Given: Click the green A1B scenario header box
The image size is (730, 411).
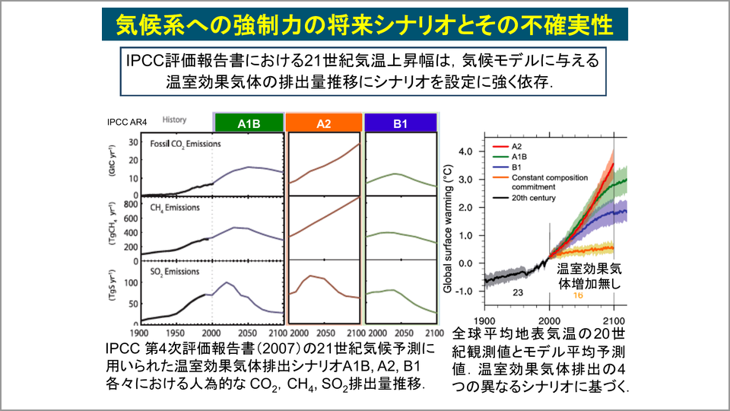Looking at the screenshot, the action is click(249, 123).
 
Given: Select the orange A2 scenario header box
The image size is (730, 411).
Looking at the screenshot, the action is click(324, 123).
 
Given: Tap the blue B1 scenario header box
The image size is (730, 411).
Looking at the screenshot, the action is click(401, 123).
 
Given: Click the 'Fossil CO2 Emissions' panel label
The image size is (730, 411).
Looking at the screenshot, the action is click(186, 145).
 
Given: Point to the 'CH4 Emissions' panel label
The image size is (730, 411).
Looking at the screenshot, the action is click(175, 208).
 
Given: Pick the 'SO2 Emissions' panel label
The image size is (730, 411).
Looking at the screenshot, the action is click(175, 272).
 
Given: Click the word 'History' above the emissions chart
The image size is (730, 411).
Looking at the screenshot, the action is click(175, 119).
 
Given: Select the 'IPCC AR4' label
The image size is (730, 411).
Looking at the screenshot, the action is click(127, 122).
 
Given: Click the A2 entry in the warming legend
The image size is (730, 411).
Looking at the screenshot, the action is click(507, 146).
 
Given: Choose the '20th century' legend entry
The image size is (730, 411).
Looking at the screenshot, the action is click(524, 198).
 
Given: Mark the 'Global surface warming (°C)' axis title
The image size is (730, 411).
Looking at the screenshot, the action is click(448, 228).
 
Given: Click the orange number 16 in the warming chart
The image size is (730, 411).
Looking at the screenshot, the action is click(578, 295).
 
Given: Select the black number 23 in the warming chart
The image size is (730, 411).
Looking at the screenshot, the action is click(518, 292).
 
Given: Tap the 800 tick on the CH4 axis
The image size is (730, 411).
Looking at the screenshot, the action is click(131, 204).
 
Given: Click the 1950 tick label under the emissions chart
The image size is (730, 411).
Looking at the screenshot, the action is click(176, 333).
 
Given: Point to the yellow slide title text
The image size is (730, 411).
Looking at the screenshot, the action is click(364, 24).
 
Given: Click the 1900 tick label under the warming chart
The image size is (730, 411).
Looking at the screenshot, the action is click(484, 321).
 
